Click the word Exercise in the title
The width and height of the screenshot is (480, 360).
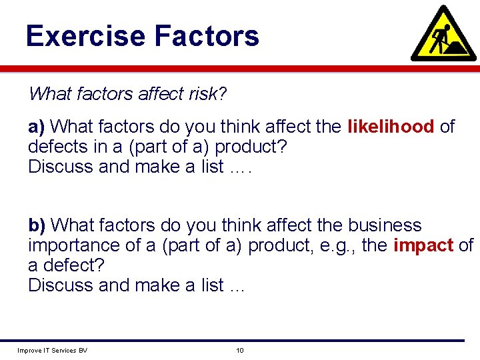tap(83, 36)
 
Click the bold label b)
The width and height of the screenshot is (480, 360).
tap(37, 225)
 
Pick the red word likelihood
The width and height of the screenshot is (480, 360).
tap(391, 127)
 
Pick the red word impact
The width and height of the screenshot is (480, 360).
tap(423, 245)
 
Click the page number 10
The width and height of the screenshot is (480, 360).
tap(239, 351)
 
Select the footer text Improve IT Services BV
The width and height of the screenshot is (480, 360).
tap(52, 351)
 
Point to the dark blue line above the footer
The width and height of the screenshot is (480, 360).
tap(240, 341)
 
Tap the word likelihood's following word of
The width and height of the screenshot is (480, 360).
tap(447, 127)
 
